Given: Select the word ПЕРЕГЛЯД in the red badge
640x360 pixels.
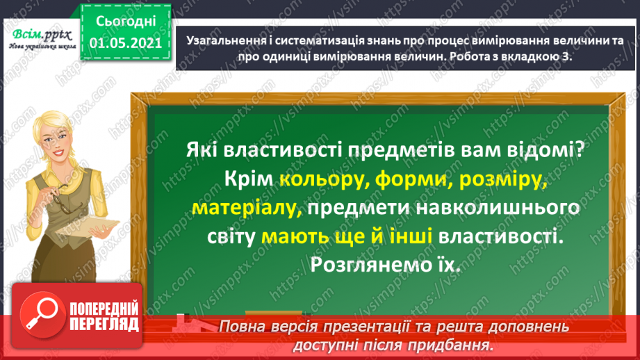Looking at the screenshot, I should [x=104, y=325].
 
